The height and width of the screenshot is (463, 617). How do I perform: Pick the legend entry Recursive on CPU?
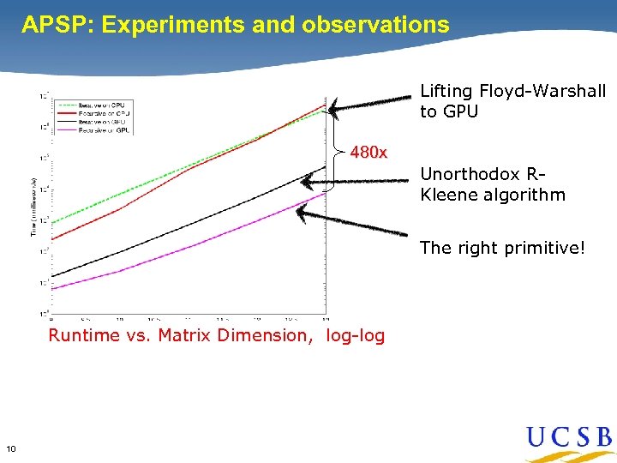pos(99,113)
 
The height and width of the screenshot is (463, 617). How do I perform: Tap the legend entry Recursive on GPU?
pos(99,129)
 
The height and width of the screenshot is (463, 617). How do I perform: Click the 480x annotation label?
pos(369,153)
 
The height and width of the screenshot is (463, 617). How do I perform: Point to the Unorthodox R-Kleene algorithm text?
pos(493,184)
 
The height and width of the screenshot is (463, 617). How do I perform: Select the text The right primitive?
pos(502,249)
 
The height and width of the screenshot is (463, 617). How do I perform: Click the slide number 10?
pos(10,448)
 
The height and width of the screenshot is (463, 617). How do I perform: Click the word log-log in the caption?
pos(355,335)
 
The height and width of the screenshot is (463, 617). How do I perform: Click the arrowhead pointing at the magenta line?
pos(312,209)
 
